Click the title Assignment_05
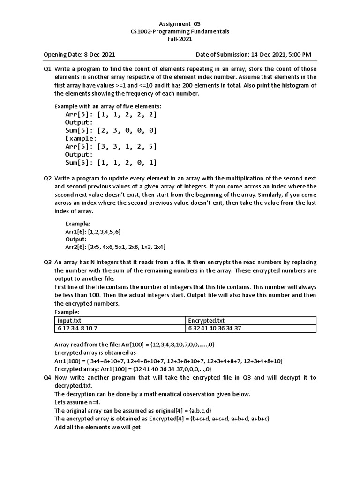[x=180, y=23]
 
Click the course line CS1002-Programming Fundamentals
[x=180, y=31]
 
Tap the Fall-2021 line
[x=180, y=39]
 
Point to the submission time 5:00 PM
[x=298, y=55]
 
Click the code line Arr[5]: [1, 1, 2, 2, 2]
[x=111, y=114]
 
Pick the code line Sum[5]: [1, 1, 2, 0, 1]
[x=111, y=163]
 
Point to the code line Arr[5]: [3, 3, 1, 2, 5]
[x=111, y=147]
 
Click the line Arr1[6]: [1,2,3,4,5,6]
[x=96, y=232]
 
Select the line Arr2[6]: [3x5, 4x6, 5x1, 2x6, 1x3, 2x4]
[x=115, y=247]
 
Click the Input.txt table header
[x=69, y=320]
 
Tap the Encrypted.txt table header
[x=204, y=320]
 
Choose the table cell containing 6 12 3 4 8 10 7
[x=78, y=328]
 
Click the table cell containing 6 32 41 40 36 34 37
[x=215, y=328]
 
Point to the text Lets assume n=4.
[x=78, y=402]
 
